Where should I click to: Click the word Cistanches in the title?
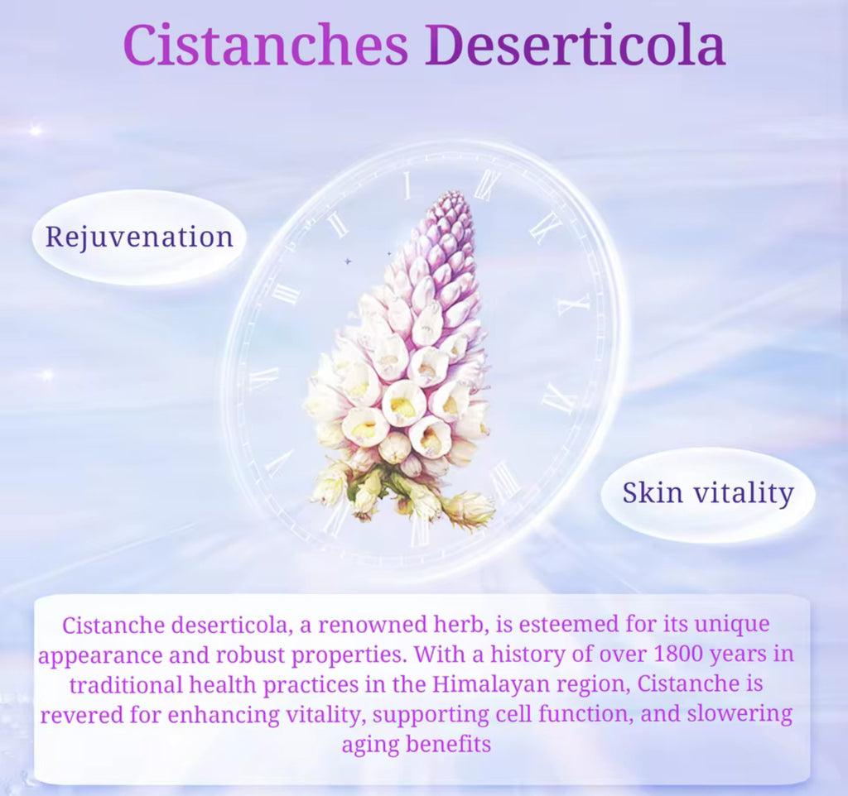point(266,45)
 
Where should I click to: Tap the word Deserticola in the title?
point(575,45)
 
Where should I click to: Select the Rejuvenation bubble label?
point(139,237)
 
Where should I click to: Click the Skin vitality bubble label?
point(708,492)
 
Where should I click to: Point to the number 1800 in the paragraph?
point(678,655)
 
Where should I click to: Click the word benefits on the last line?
point(448,744)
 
